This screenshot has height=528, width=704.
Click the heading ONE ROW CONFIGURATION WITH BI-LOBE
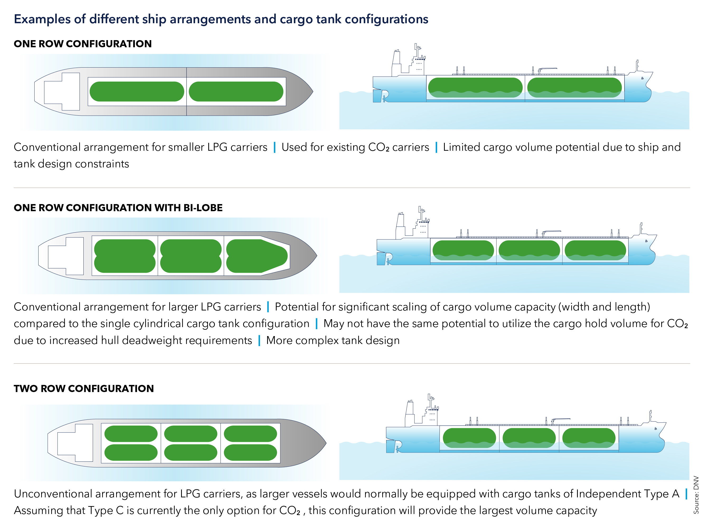[x=118, y=208]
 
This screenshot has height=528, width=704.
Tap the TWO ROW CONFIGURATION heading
[x=84, y=388]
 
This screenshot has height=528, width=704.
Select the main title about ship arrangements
[x=221, y=19]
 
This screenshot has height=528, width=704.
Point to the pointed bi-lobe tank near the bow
[x=257, y=256]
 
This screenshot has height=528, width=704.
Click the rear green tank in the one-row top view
[x=137, y=92]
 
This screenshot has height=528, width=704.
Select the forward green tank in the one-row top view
[x=236, y=92]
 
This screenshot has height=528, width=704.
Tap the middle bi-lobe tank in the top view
[x=191, y=256]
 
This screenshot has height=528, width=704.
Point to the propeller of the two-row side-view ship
[x=398, y=449]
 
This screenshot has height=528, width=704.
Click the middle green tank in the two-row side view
[x=529, y=438]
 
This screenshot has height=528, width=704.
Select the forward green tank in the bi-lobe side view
[x=595, y=250]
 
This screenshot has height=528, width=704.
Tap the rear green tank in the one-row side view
[x=475, y=88]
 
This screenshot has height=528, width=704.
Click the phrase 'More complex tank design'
[x=333, y=340]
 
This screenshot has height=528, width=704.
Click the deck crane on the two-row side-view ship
[x=560, y=420]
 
